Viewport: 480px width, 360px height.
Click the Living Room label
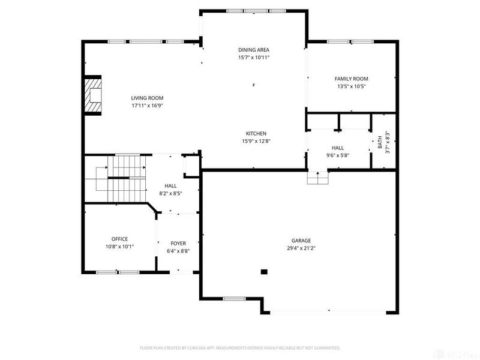coord(147,98)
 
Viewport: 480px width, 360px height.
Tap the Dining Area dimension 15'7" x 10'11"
coord(254,58)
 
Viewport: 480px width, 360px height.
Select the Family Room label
coord(351,79)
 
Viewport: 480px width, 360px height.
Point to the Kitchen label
coord(256,133)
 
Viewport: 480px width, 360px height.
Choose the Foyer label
coord(178,243)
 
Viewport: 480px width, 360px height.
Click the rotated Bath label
coord(380,142)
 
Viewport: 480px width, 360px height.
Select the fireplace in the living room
coord(93,95)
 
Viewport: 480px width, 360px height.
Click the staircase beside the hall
coord(123,179)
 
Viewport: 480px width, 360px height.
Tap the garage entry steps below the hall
coord(317,178)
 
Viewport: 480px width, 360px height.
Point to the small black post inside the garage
coord(263,272)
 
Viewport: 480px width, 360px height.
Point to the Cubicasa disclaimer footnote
coord(240,347)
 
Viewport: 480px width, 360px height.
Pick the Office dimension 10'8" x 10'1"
coord(119,246)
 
